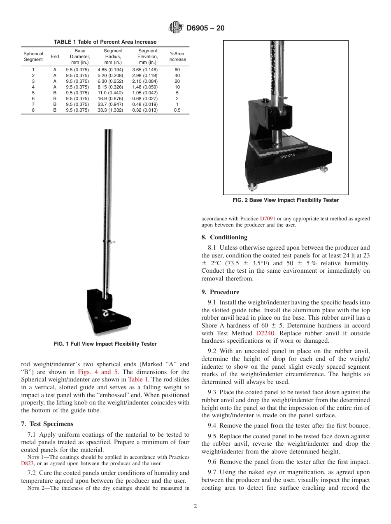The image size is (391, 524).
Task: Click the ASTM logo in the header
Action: pos(175,28)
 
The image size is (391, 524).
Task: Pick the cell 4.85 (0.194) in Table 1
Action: pos(110,70)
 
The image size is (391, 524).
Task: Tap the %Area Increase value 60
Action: pos(177,70)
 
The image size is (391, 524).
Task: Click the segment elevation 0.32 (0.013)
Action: pos(144,110)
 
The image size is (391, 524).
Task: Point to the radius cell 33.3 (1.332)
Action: pos(110,110)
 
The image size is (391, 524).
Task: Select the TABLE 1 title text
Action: pos(105,42)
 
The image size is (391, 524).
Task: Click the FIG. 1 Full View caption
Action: pos(105,344)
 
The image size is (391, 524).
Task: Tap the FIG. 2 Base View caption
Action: pos(286,200)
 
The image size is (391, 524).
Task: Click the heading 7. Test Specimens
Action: pos(47,424)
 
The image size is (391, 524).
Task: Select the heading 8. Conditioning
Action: pos(224,237)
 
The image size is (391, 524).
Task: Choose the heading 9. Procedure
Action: pos(220,292)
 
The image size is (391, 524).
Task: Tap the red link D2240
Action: pos(264,333)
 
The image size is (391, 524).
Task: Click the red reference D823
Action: pos(27,463)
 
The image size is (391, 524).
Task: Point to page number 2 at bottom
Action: pos(195,506)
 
